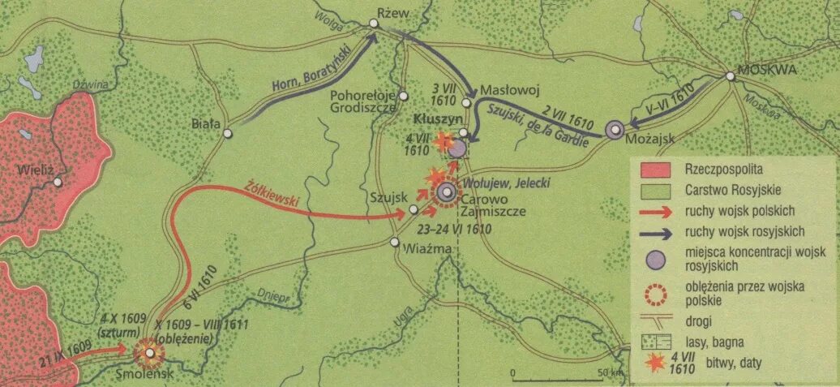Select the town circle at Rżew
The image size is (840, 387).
(374, 24)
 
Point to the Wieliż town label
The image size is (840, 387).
(34, 171)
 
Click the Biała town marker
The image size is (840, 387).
(228, 133)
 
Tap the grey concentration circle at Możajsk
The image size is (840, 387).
(615, 129)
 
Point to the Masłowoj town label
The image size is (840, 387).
(505, 91)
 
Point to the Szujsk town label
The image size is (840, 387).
(386, 197)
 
